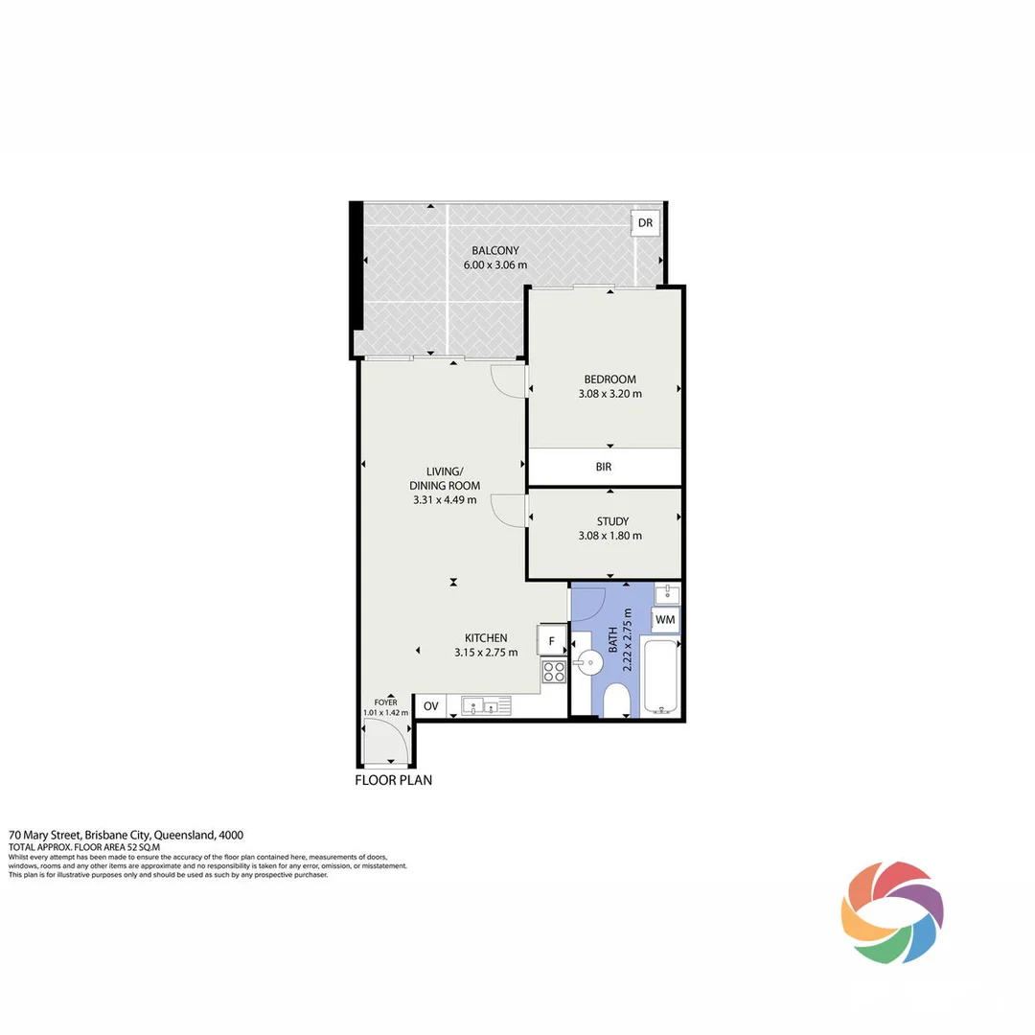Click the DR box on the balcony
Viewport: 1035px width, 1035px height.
(x=645, y=223)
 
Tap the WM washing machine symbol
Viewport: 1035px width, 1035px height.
(x=665, y=620)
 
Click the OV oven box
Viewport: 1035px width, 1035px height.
(x=431, y=707)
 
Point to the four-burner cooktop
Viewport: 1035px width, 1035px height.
(x=554, y=670)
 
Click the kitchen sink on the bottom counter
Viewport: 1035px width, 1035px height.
(x=486, y=706)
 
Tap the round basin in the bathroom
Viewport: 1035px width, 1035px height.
(x=590, y=659)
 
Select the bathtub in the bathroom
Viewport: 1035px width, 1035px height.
(x=662, y=678)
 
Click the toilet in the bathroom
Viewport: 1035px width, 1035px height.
(x=618, y=701)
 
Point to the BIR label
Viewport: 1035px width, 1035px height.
(x=603, y=468)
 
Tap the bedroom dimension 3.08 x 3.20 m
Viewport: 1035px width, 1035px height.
(x=609, y=393)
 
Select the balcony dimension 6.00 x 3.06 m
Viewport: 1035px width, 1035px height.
(x=495, y=264)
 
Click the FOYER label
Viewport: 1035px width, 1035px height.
(x=385, y=701)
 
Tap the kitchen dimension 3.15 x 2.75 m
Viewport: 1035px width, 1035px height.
(x=486, y=653)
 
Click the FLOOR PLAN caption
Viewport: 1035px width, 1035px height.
(x=394, y=780)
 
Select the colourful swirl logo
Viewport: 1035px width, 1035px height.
(x=892, y=911)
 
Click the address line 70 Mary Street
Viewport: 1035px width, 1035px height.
(x=132, y=835)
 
